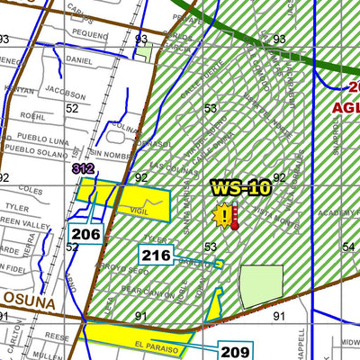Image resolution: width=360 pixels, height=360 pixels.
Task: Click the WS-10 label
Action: click(x=240, y=188)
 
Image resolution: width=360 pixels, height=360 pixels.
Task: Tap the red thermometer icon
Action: click(x=235, y=216)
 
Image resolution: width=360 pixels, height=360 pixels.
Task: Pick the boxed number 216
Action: click(x=156, y=256)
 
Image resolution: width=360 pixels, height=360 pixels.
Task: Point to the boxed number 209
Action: click(x=236, y=351)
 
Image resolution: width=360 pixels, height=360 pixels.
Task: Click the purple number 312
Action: click(x=84, y=167)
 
